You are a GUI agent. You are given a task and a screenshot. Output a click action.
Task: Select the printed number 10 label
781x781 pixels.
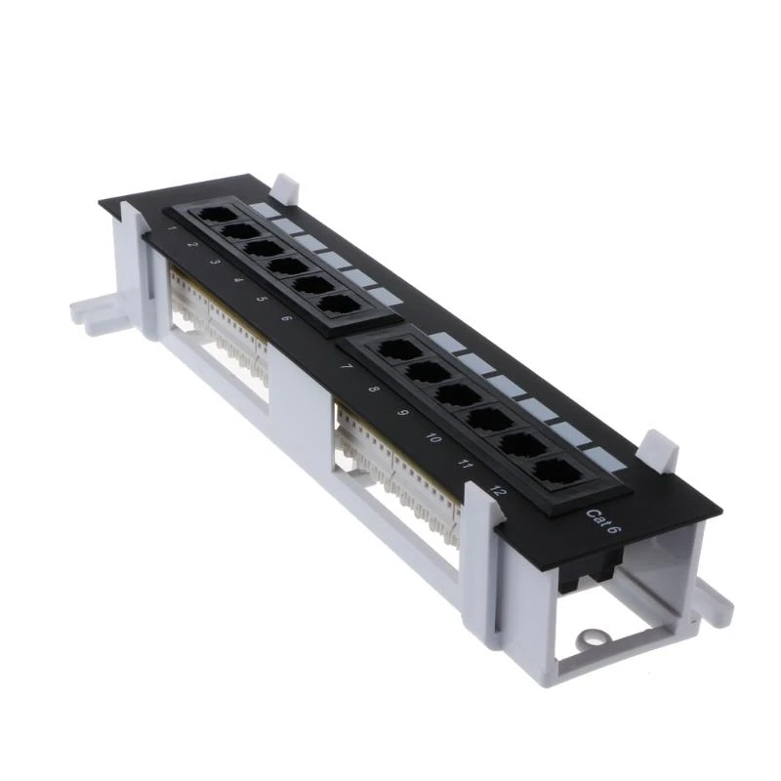point(432,439)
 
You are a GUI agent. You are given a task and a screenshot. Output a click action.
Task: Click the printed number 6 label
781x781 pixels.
point(285,318)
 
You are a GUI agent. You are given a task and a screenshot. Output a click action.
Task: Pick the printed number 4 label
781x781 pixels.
point(237,280)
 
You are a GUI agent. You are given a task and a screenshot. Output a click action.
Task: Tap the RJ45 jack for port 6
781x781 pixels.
point(337,303)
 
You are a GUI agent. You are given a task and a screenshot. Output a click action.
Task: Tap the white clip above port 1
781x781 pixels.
point(285,185)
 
